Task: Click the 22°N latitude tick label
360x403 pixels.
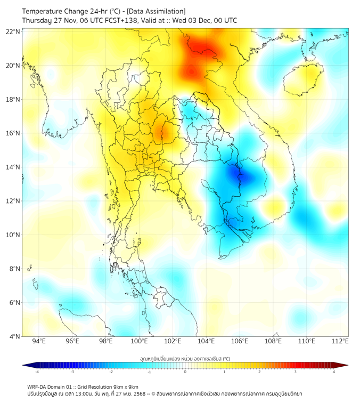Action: [x=13, y=31]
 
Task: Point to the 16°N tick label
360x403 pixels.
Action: [x=13, y=133]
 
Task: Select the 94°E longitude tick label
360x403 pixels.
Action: [x=39, y=341]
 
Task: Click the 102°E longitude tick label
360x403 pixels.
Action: [x=173, y=341]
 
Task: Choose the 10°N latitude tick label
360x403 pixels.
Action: [x=13, y=235]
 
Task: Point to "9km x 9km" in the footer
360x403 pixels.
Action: [x=126, y=387]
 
